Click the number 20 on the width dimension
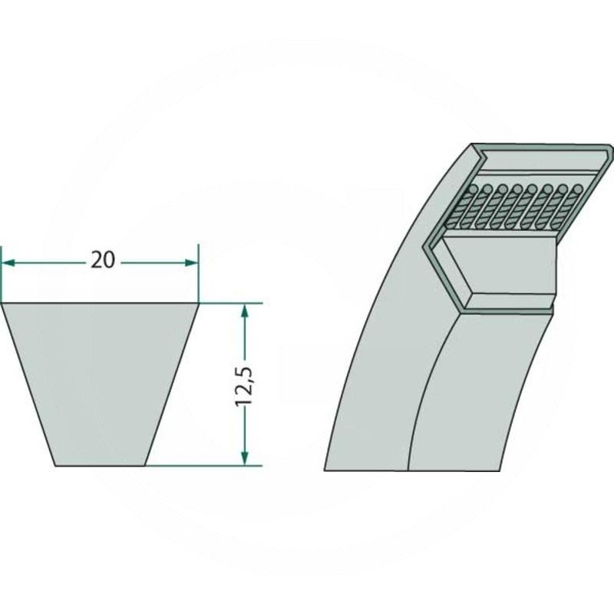tap(102, 261)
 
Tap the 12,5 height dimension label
tap(245, 384)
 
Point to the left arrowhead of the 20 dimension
tap(7, 262)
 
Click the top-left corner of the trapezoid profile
tap(2, 304)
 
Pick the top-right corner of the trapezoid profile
tap(198, 304)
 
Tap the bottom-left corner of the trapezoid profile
tap(55, 465)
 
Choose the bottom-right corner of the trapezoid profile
tap(146, 465)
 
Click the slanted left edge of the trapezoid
tap(29, 384)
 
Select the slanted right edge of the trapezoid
tap(172, 384)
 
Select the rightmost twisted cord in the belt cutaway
tap(572, 207)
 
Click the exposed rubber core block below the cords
tap(499, 265)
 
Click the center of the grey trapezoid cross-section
tap(101, 384)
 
